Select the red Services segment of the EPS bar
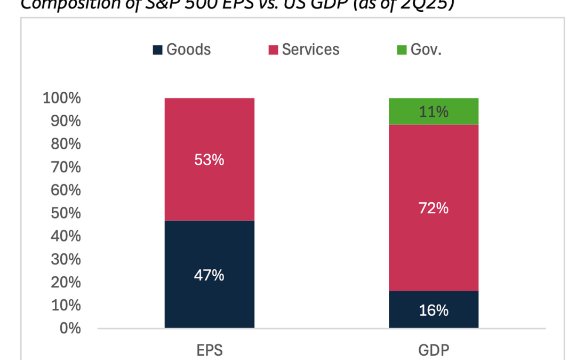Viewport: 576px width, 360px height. [209, 133]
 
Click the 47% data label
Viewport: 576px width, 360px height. [209, 276]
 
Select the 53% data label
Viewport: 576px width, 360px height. [209, 159]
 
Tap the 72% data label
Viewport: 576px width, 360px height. [434, 208]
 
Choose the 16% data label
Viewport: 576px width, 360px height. [434, 310]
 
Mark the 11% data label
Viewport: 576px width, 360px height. [434, 112]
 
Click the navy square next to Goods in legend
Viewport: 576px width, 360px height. [157, 50]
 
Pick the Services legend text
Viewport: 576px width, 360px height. [310, 50]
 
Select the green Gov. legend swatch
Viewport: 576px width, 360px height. [401, 50]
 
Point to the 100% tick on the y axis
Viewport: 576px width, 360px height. [61, 99]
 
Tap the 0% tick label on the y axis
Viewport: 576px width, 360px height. [70, 328]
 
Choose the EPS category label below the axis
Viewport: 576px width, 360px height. [209, 350]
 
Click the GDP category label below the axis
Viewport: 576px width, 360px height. [434, 350]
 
